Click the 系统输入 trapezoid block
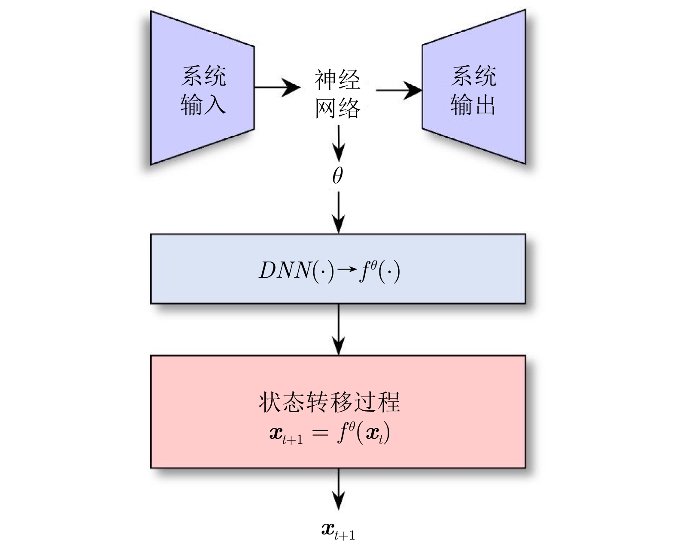(x=202, y=88)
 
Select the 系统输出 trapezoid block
(x=473, y=87)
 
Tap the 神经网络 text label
(x=337, y=94)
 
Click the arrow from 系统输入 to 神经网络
(x=277, y=87)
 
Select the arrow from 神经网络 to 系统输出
(x=399, y=90)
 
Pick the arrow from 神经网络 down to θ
(x=339, y=143)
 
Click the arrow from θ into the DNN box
(x=339, y=212)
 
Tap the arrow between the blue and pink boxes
(x=339, y=330)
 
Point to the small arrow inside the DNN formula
(x=347, y=270)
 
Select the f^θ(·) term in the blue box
(x=379, y=271)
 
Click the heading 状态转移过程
(x=329, y=402)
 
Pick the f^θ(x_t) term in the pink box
(x=364, y=432)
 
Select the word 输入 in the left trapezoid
(x=203, y=104)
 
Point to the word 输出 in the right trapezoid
(x=473, y=104)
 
